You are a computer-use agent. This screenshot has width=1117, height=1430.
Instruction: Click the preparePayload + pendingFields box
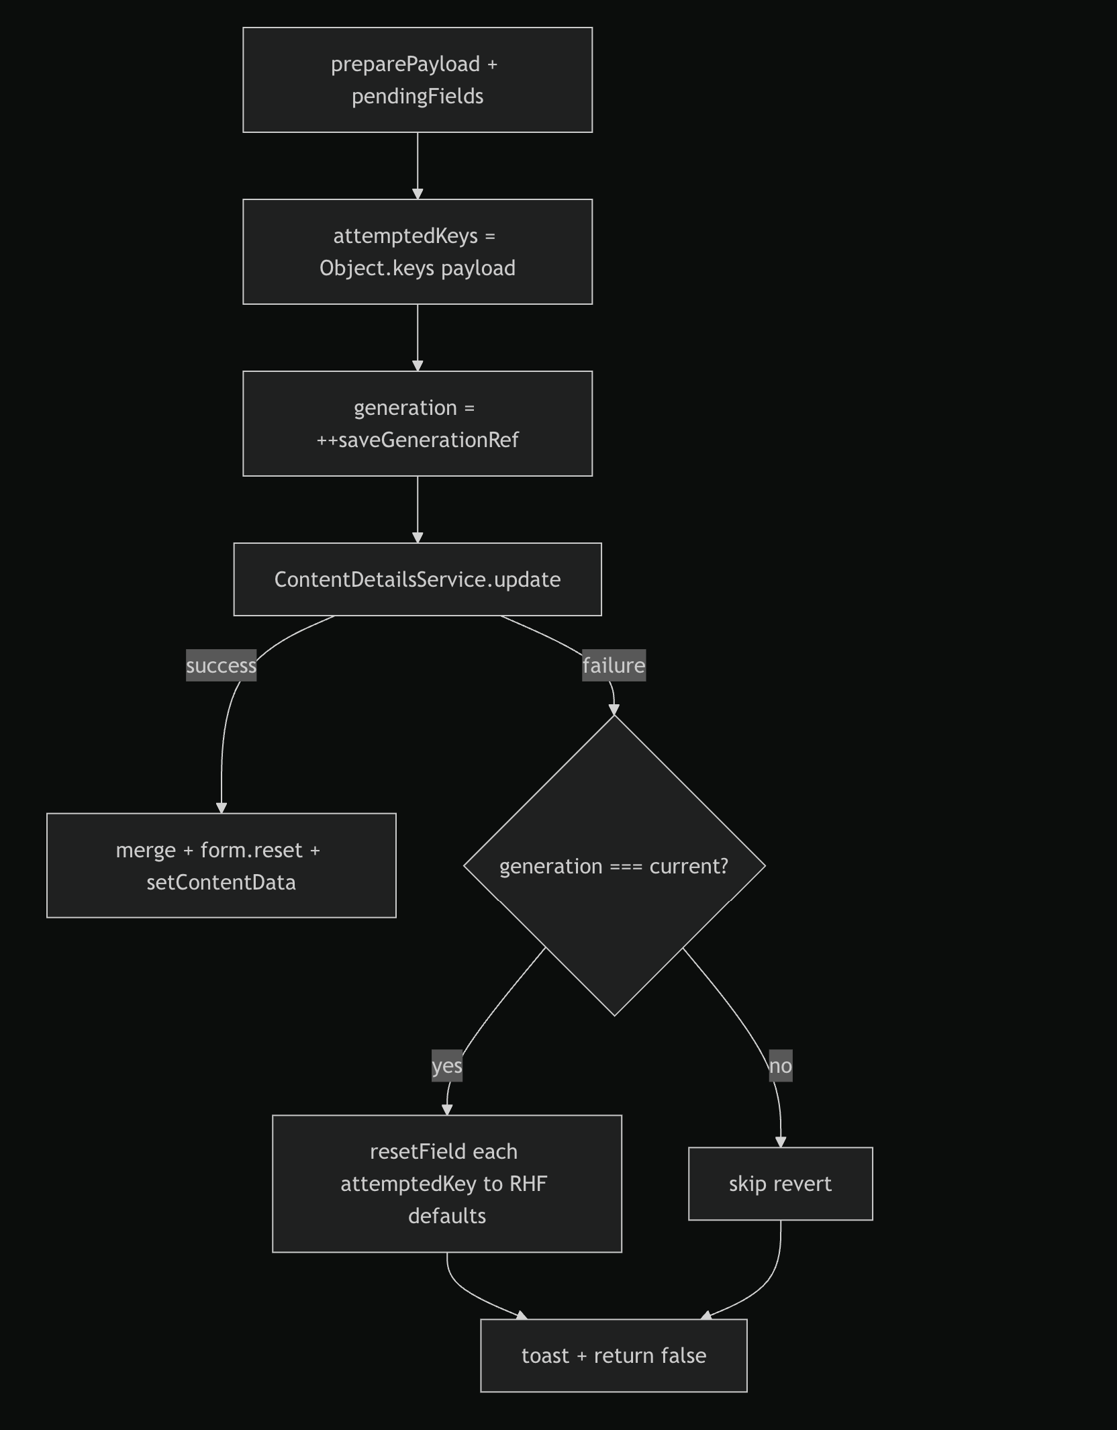tap(418, 80)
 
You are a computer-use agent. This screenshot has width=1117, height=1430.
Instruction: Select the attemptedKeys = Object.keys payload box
tap(418, 252)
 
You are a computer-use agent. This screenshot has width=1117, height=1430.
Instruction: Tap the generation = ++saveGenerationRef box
tap(418, 424)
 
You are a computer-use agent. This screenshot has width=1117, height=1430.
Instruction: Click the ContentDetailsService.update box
tap(418, 579)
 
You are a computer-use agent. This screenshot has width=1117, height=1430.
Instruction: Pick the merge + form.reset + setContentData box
tap(222, 865)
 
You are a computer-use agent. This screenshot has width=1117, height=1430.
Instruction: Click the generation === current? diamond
tap(614, 865)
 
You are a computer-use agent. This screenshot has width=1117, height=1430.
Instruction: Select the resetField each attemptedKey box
tap(447, 1184)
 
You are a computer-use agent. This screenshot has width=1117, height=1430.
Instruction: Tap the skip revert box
tap(781, 1184)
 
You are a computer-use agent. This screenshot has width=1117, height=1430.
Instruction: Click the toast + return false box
tap(614, 1355)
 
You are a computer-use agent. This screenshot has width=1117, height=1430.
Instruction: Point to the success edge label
tap(222, 665)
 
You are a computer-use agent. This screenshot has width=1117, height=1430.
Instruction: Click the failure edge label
tap(614, 665)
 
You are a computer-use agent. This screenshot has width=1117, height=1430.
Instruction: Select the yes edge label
tap(447, 1065)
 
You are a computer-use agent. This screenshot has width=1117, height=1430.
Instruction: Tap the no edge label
tap(781, 1065)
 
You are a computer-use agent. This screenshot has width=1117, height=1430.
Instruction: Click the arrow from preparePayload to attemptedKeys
tap(418, 166)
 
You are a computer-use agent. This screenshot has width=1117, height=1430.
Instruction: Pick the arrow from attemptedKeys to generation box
tap(418, 338)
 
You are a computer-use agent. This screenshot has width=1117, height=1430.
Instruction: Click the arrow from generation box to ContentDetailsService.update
tap(418, 510)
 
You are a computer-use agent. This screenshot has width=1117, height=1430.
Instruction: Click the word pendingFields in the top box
tap(418, 96)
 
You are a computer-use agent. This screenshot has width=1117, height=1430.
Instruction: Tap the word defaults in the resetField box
tap(447, 1216)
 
